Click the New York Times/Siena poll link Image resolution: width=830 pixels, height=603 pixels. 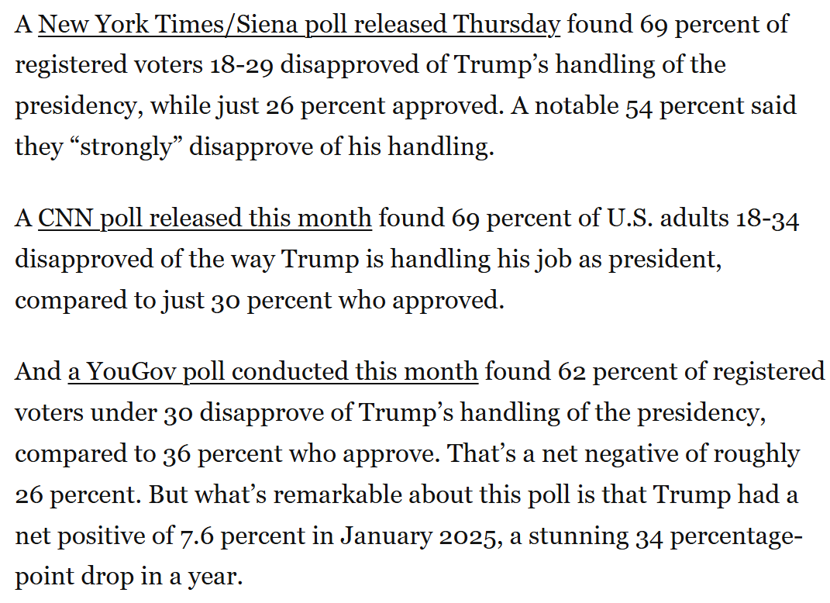[x=298, y=24]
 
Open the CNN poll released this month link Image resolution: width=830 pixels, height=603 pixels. [x=205, y=218]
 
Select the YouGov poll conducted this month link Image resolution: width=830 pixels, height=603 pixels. [x=273, y=371]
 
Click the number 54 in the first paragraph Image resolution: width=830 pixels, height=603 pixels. [x=639, y=105]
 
